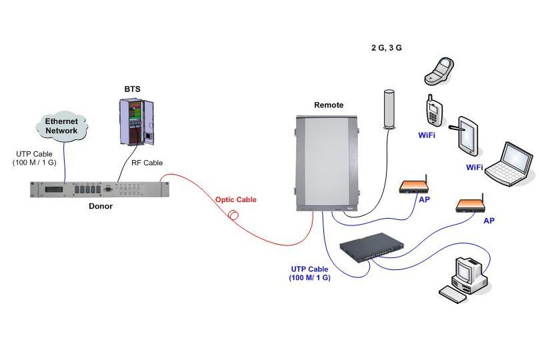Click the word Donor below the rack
point(101,207)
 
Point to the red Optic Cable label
point(235,200)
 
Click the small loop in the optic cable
point(234,215)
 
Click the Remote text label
point(329,105)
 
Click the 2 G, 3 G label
point(387,48)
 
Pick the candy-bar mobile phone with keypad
point(433,111)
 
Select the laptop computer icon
point(509,163)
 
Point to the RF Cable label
point(147,163)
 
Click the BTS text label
point(133,89)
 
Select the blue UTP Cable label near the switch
point(309,273)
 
